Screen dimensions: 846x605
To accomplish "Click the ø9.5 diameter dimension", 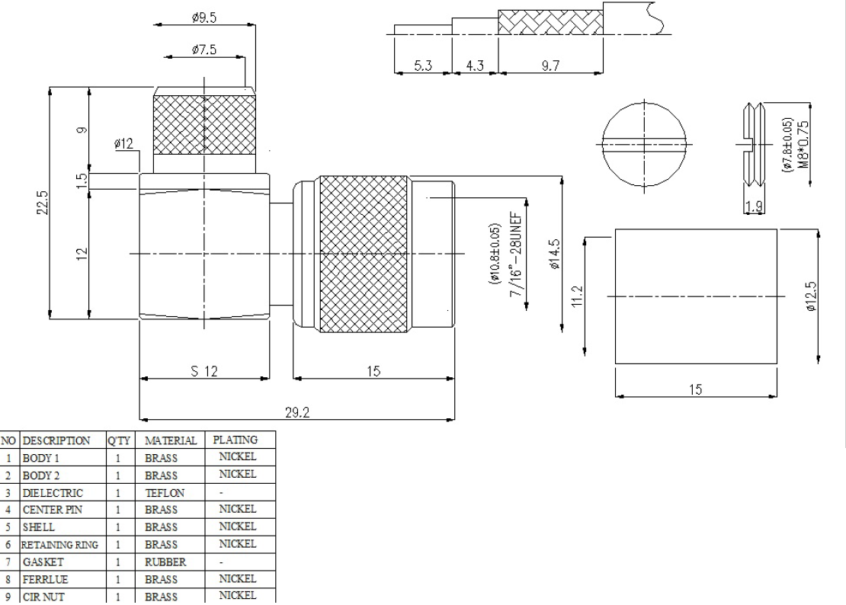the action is [x=204, y=18].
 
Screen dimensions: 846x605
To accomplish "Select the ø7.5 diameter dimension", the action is [x=204, y=50].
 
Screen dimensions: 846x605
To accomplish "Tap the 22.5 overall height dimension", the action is [x=43, y=202].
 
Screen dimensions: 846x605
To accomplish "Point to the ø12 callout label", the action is [x=123, y=143].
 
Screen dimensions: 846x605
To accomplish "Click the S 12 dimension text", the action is [x=204, y=371].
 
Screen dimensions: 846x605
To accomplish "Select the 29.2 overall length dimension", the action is [x=297, y=412].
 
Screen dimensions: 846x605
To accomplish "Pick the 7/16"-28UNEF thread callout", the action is [x=516, y=254].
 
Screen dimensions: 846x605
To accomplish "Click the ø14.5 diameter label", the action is [x=554, y=254].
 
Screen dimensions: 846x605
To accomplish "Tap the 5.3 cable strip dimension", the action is [x=423, y=66].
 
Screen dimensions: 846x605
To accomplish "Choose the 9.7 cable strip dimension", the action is [x=550, y=66].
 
